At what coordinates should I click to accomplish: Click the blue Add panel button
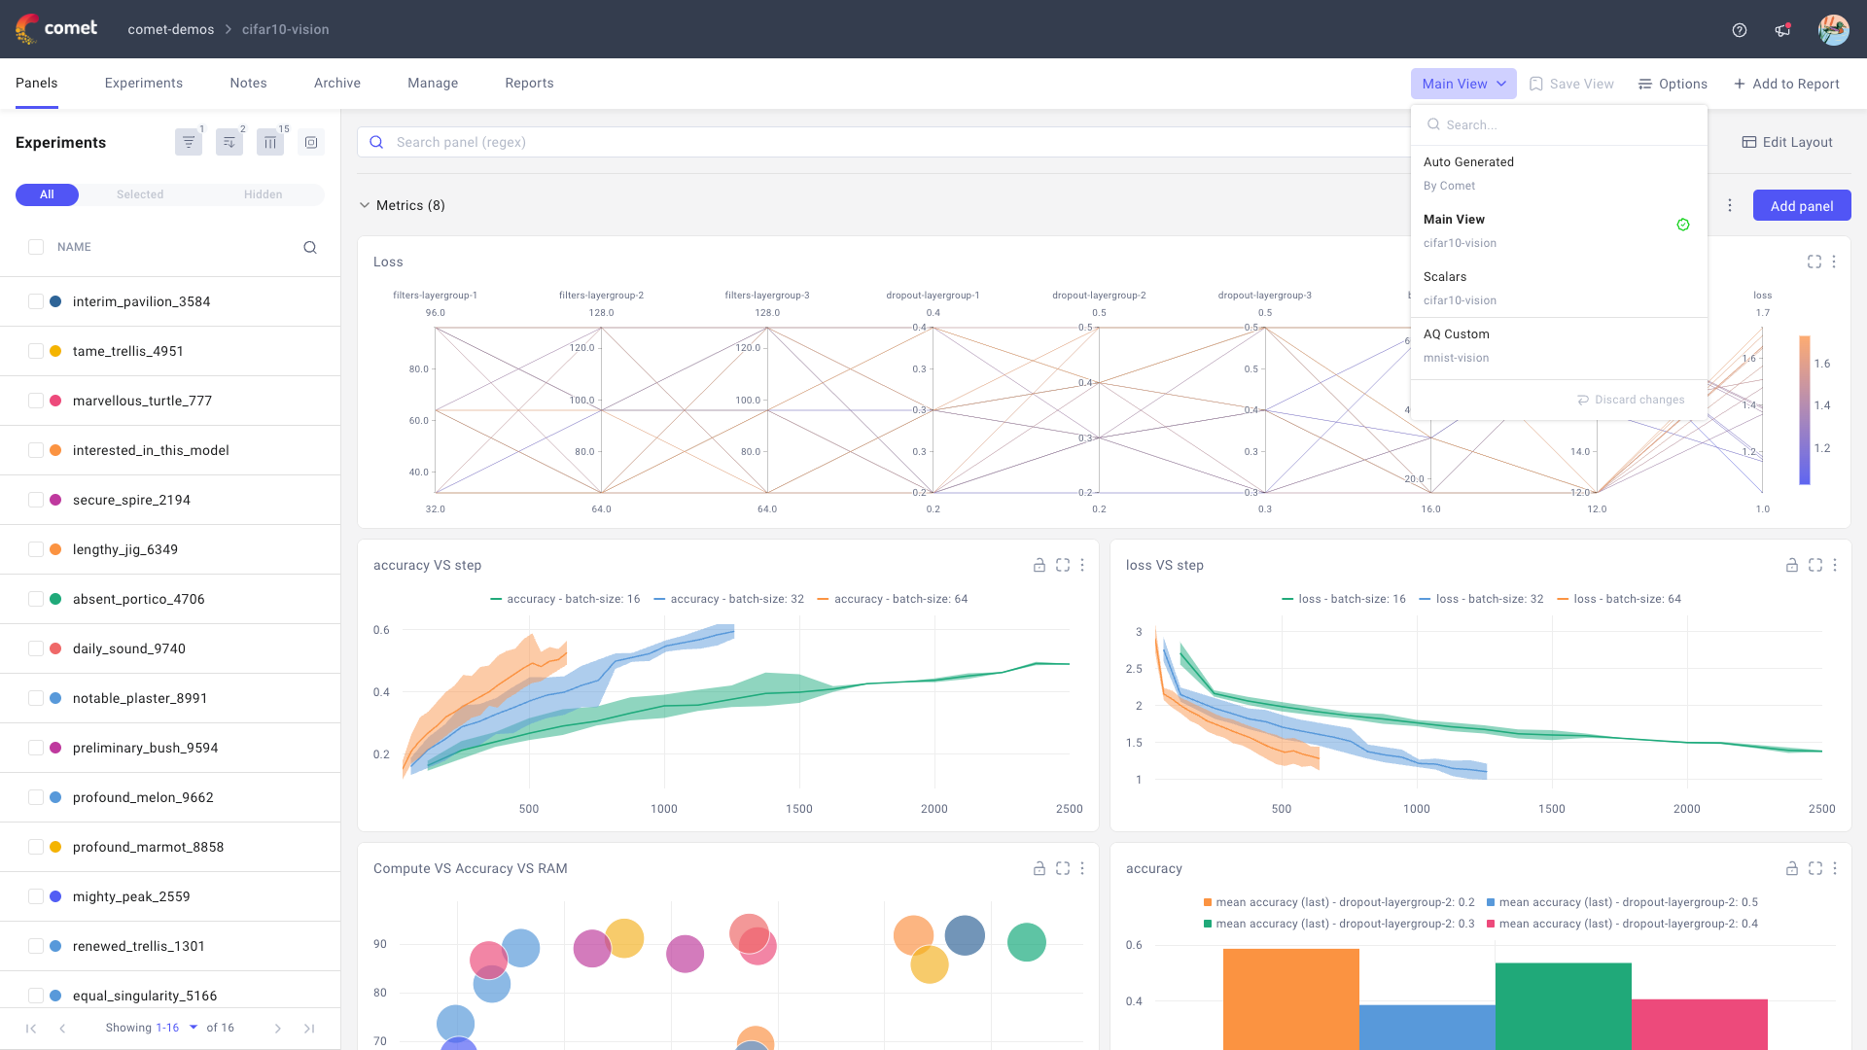pyautogui.click(x=1801, y=205)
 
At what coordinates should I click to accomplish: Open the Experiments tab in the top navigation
pyautogui.click(x=144, y=83)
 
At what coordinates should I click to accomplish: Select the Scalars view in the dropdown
pyautogui.click(x=1444, y=277)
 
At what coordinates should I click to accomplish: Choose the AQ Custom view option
pyautogui.click(x=1456, y=334)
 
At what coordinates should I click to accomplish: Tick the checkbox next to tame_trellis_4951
pyautogui.click(x=36, y=351)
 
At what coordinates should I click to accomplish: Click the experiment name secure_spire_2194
pyautogui.click(x=131, y=500)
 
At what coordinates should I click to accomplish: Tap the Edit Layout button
pyautogui.click(x=1786, y=142)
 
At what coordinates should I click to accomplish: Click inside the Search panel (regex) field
pyautogui.click(x=875, y=142)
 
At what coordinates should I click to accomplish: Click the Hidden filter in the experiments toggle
pyautogui.click(x=263, y=194)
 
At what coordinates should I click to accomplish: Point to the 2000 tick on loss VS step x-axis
pyautogui.click(x=1686, y=809)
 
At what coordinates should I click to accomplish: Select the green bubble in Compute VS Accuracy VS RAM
pyautogui.click(x=1026, y=942)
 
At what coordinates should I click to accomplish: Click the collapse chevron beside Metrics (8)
pyautogui.click(x=365, y=205)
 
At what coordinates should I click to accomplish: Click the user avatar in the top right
pyautogui.click(x=1833, y=29)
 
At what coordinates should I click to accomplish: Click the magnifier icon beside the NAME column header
pyautogui.click(x=310, y=247)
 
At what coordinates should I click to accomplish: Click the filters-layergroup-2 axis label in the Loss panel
pyautogui.click(x=601, y=296)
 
